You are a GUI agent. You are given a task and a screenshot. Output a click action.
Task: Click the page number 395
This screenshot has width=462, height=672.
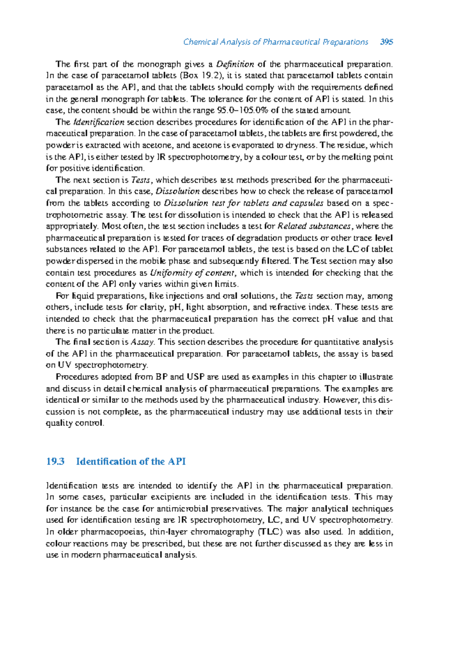pos(386,42)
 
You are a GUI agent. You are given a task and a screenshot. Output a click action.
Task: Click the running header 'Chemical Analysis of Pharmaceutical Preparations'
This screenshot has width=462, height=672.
pos(276,42)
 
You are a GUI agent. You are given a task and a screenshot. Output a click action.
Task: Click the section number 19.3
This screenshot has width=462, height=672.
pos(55,461)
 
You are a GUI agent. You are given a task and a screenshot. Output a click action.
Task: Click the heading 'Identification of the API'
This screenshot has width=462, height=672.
pos(131,461)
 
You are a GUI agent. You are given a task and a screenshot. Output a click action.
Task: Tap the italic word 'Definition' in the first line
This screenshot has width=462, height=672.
pos(235,64)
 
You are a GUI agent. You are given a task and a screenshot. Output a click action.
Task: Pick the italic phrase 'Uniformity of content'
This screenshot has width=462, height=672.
pos(192,273)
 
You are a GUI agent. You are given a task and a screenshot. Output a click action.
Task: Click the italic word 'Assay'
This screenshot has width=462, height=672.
pos(142,342)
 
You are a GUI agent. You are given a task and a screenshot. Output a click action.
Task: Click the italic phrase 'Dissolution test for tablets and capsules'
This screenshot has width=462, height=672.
pos(244,203)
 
